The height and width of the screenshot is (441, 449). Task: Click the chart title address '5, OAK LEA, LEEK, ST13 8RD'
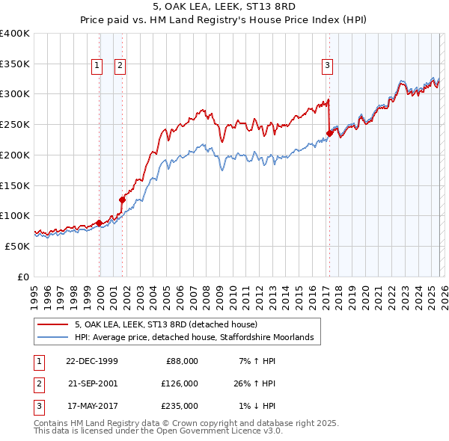point(224,7)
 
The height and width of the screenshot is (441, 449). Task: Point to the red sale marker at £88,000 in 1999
point(100,223)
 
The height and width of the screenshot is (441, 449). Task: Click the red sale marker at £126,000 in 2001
point(122,200)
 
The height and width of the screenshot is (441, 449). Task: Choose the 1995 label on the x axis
point(34,292)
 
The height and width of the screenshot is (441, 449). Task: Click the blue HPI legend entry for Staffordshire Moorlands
point(198,338)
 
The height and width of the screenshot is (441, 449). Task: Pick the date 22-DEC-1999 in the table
point(91,360)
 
